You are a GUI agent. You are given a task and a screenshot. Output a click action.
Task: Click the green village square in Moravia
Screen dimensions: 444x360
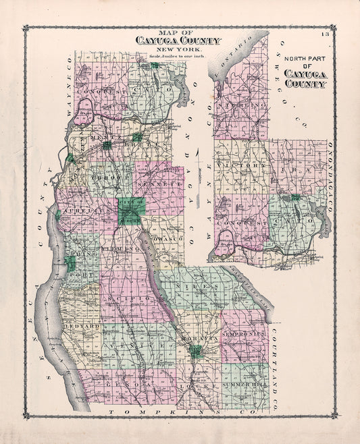[195, 351]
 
